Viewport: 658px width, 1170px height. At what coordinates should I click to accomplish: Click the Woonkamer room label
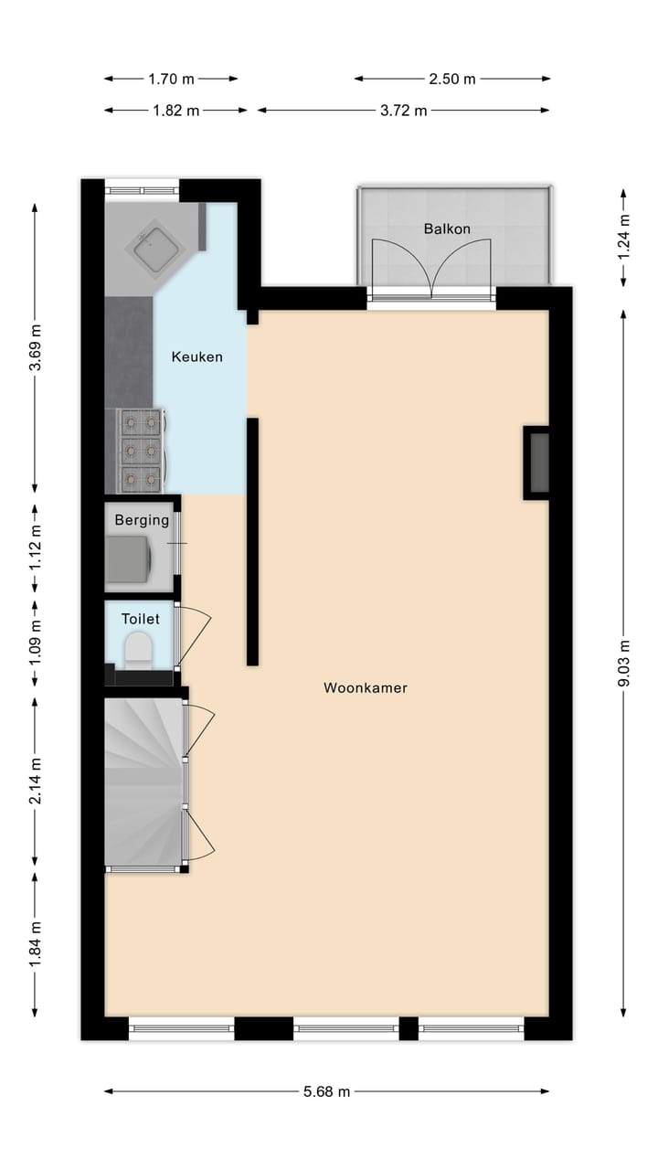(366, 688)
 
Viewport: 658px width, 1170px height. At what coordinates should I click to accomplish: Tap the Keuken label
(196, 357)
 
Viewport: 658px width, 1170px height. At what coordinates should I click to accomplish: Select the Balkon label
(447, 229)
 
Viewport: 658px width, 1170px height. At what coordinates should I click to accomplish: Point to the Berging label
(142, 521)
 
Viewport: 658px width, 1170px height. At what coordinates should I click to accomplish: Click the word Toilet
(141, 620)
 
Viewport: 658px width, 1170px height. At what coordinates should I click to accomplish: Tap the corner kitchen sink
(152, 245)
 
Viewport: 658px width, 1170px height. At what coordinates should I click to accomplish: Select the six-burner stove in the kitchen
(141, 450)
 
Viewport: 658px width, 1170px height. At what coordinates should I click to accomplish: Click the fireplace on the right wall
(538, 463)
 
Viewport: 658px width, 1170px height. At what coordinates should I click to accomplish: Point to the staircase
(144, 782)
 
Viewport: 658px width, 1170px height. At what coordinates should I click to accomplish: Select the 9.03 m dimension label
(624, 663)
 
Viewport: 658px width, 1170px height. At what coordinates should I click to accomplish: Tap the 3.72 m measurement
(404, 112)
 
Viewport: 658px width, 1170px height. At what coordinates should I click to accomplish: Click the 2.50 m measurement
(453, 80)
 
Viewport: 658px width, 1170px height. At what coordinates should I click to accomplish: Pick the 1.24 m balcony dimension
(624, 238)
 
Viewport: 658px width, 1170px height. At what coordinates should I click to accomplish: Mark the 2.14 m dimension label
(36, 782)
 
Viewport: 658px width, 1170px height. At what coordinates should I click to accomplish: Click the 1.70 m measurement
(171, 80)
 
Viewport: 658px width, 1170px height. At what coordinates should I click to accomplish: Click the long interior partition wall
(252, 541)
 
